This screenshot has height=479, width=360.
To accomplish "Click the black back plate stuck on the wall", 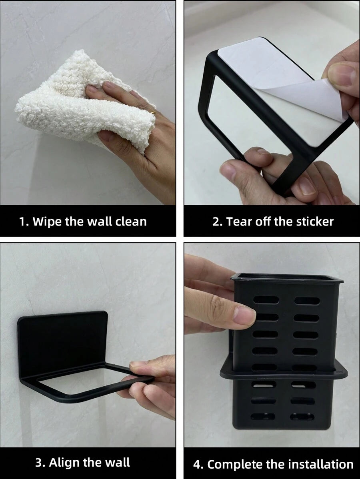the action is coord(63,339).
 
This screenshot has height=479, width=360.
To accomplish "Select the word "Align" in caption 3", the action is coord(65,463).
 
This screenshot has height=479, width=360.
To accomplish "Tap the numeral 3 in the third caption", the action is coord(38,463).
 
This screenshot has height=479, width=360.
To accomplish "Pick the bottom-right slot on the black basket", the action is coord(302,417).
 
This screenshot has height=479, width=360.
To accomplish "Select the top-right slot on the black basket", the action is coord(307,301).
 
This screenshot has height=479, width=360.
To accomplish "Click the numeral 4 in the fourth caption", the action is coord(197,465).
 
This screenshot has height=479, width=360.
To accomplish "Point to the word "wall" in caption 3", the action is coord(118,463).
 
